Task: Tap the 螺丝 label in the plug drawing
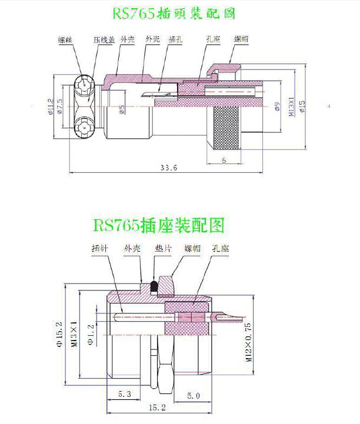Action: pyautogui.click(x=66, y=40)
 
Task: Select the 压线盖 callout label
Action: pyautogui.click(x=102, y=40)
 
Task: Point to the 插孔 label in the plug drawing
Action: pyautogui.click(x=175, y=40)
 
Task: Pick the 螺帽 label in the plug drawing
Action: pyautogui.click(x=241, y=40)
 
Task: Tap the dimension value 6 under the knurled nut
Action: pyautogui.click(x=224, y=160)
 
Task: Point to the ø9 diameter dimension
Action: pyautogui.click(x=276, y=106)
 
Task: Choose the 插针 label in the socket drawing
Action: pyautogui.click(x=99, y=248)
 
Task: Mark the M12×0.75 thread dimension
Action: pyautogui.click(x=249, y=340)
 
